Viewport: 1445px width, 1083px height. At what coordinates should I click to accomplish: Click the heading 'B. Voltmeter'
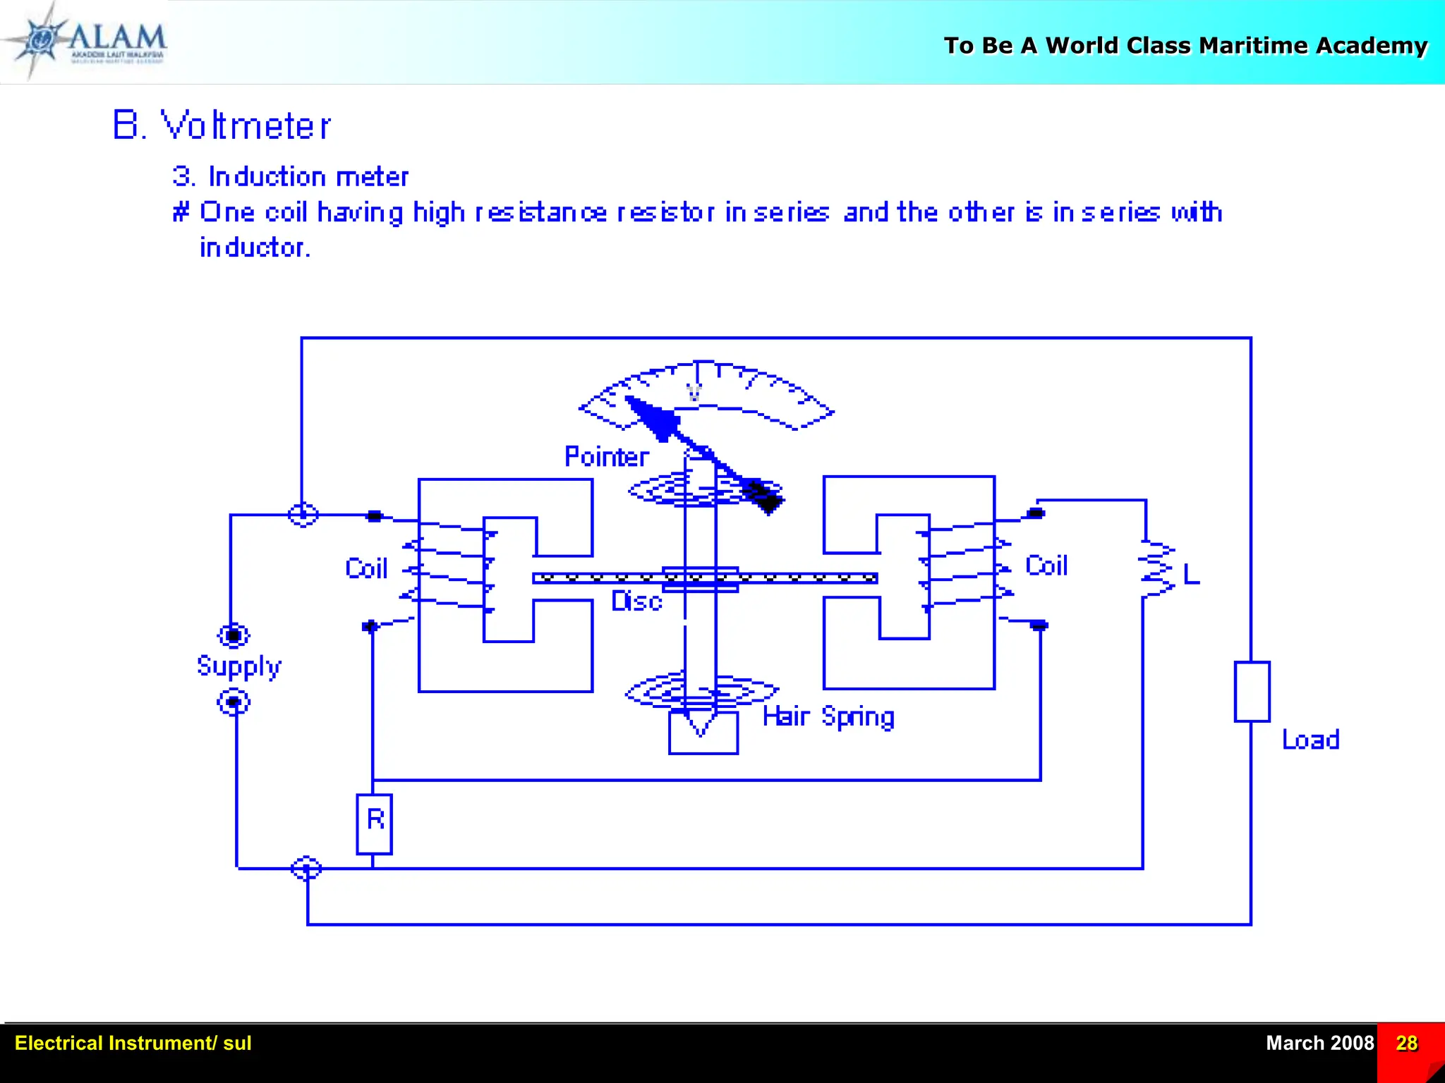pyautogui.click(x=221, y=126)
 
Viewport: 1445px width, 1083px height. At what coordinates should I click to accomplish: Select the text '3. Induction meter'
pyautogui.click(x=290, y=176)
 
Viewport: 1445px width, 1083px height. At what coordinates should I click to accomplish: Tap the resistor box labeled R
pyautogui.click(x=374, y=824)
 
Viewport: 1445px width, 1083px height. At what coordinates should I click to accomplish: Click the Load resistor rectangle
pyautogui.click(x=1252, y=691)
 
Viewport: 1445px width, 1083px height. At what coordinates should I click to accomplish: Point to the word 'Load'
pyautogui.click(x=1310, y=740)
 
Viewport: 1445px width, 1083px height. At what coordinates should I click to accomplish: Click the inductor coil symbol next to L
pyautogui.click(x=1156, y=570)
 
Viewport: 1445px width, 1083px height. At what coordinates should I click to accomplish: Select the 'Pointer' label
pyautogui.click(x=606, y=457)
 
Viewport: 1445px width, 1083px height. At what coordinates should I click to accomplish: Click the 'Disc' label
pyautogui.click(x=636, y=601)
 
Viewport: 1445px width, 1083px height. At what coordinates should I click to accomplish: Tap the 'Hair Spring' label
pyautogui.click(x=828, y=717)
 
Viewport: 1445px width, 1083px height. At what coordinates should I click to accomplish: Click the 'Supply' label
pyautogui.click(x=238, y=666)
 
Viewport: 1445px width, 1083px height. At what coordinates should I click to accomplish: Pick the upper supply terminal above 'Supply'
pyautogui.click(x=234, y=635)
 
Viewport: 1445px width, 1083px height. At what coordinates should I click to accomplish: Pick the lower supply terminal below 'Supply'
pyautogui.click(x=234, y=702)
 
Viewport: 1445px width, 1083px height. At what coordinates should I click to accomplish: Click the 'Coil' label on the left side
pyautogui.click(x=366, y=568)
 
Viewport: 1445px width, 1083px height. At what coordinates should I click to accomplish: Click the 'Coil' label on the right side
pyautogui.click(x=1046, y=565)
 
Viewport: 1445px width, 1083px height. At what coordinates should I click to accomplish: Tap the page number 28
pyautogui.click(x=1406, y=1043)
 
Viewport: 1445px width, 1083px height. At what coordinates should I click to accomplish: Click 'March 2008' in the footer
pyautogui.click(x=1319, y=1043)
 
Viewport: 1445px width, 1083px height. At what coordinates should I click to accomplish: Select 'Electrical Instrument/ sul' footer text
pyautogui.click(x=133, y=1043)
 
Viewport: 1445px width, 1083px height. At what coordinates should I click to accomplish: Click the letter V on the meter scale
pyautogui.click(x=694, y=393)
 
